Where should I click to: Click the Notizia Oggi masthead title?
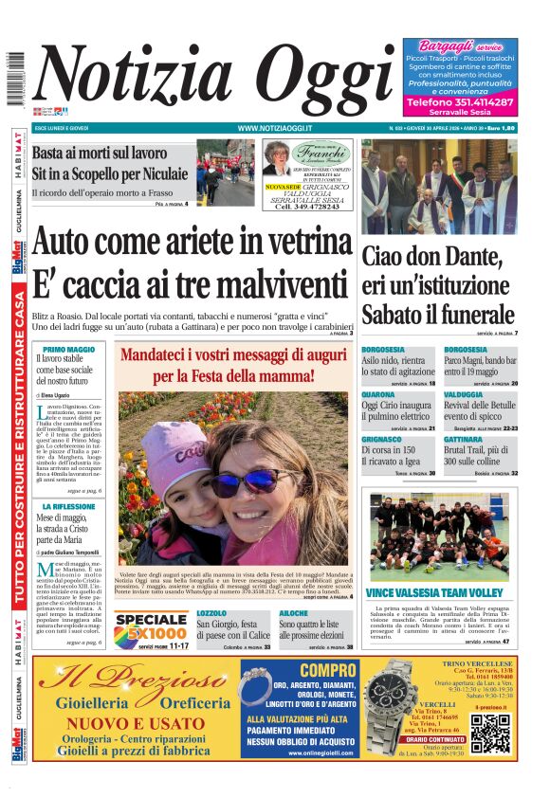tap(213, 82)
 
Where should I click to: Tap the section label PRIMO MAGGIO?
tap(69, 350)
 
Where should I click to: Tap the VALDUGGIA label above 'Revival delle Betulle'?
tap(463, 394)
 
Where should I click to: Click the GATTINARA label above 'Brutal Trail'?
tap(463, 440)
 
